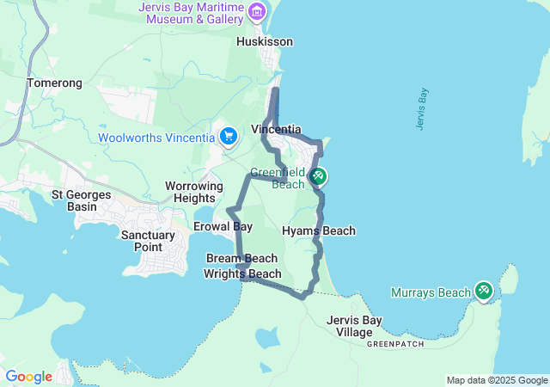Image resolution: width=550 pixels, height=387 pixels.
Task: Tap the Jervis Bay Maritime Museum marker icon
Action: pos(256,11)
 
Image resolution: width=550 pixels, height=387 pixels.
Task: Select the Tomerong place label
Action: pos(54,83)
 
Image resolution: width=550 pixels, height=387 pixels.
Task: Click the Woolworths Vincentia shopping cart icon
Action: pos(228,137)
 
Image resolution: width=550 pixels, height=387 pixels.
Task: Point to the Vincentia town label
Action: pos(276,130)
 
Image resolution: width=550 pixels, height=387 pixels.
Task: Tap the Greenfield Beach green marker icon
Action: pos(318,177)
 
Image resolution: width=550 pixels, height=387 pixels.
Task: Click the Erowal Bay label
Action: pos(223,227)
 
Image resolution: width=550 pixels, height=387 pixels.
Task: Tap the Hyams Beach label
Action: pos(319,230)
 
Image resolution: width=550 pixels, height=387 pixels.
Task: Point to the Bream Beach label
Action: pos(241,258)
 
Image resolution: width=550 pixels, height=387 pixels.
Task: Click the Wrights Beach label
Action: pos(242,274)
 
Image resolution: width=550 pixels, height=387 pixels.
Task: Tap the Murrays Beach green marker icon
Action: pos(484,292)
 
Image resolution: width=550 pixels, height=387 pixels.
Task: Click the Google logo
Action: pos(29,377)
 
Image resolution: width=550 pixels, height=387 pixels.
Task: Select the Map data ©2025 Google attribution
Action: pos(497,380)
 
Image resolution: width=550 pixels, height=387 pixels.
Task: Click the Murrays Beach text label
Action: pos(431,293)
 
